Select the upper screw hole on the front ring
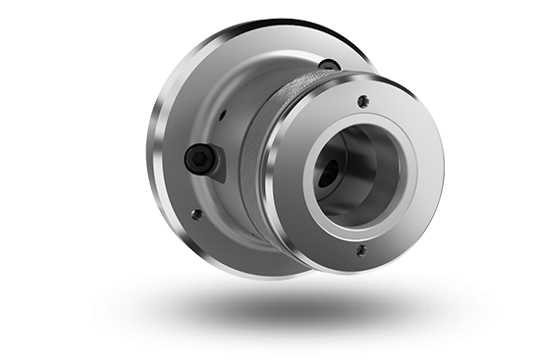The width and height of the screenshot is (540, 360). (363, 99)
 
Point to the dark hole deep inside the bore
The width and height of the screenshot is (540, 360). (326, 178)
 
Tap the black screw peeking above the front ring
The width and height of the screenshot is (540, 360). (329, 66)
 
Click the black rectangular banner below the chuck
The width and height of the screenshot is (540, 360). (295, 314)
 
